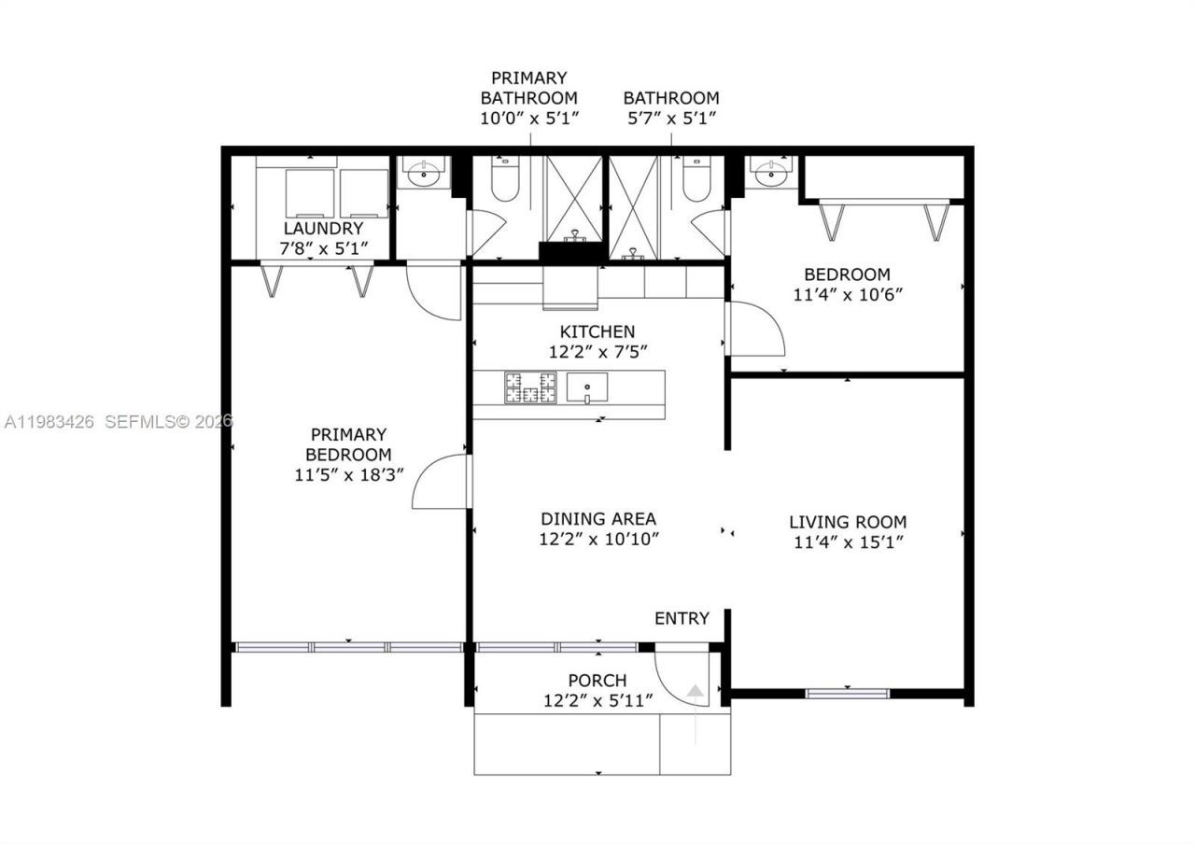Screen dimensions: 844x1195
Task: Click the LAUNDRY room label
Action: tap(323, 228)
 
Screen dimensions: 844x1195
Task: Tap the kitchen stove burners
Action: tap(530, 387)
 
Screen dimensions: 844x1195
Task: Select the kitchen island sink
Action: tap(588, 386)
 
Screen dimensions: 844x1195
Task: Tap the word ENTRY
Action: tap(682, 618)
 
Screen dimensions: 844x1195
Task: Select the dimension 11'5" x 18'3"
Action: tap(348, 474)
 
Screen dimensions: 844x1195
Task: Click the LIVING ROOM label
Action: tap(848, 522)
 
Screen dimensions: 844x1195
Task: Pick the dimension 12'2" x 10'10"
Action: tap(598, 539)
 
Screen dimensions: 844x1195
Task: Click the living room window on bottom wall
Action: tap(848, 693)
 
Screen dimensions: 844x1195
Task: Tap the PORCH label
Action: tap(597, 681)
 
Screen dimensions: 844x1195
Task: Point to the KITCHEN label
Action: tap(597, 331)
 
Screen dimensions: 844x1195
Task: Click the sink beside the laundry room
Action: tap(425, 173)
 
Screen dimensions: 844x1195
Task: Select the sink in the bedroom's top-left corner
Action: tap(772, 173)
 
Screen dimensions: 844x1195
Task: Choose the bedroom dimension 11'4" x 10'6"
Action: tap(848, 294)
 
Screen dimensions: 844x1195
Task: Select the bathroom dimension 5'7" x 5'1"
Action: tap(671, 118)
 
